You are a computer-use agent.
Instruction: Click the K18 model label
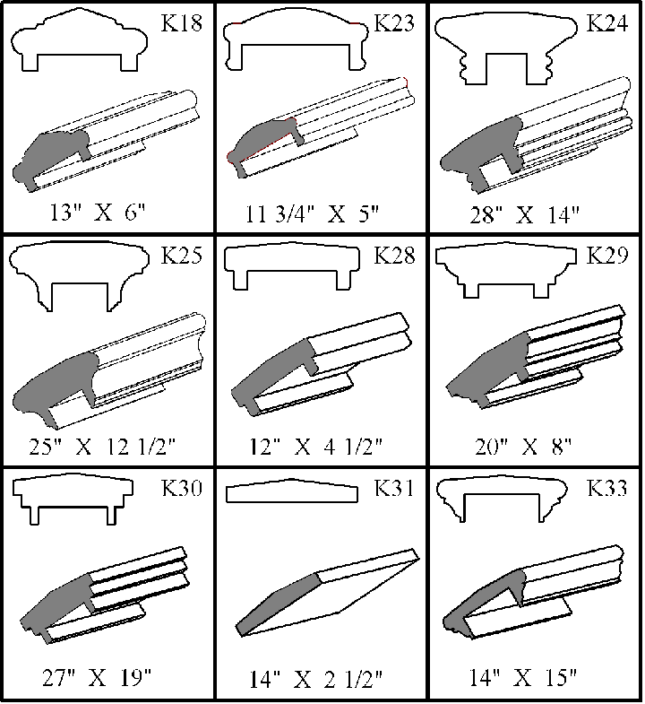(x=182, y=23)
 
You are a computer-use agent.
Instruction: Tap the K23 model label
(x=394, y=23)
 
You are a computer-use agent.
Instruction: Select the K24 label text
(x=606, y=23)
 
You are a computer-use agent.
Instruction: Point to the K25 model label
(x=182, y=256)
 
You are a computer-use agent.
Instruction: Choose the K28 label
(x=394, y=256)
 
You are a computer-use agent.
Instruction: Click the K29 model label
(x=606, y=256)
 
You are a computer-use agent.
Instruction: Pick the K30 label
(x=182, y=488)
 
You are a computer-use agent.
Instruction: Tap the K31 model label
(x=394, y=488)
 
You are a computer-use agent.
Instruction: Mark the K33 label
(x=606, y=488)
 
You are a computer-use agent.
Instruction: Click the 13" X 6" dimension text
(x=98, y=213)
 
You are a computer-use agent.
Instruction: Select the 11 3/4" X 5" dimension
(x=312, y=213)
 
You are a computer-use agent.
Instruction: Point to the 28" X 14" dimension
(x=525, y=215)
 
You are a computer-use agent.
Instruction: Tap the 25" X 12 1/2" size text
(x=102, y=448)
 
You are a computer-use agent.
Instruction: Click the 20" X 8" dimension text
(x=524, y=448)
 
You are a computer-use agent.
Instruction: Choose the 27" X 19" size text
(x=98, y=677)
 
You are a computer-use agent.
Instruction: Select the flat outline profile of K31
(x=292, y=492)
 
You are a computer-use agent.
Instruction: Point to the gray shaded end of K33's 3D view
(x=485, y=602)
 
